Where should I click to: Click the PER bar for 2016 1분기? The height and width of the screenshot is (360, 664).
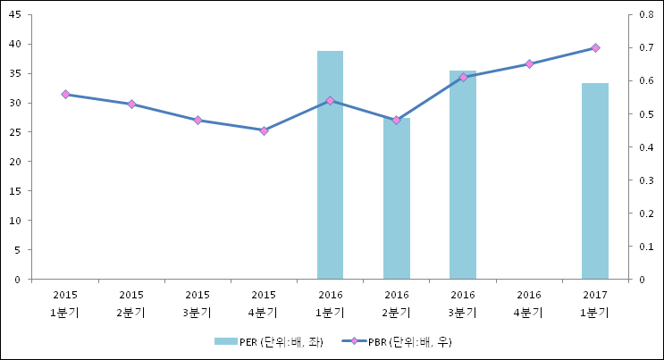click(330, 165)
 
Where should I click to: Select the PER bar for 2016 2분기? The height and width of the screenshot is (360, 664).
click(397, 198)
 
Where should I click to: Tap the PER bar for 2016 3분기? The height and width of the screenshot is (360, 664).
click(463, 175)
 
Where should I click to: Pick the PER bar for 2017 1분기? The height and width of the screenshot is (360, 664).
click(595, 181)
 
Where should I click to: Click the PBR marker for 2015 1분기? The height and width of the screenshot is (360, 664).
click(65, 94)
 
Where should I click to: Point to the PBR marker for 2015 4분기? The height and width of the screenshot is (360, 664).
click(264, 130)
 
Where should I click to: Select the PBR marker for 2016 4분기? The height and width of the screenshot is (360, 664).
click(529, 64)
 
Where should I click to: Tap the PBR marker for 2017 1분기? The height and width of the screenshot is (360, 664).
click(595, 47)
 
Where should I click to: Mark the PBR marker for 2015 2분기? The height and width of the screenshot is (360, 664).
click(131, 105)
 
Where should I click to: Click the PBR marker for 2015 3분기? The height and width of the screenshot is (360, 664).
click(198, 120)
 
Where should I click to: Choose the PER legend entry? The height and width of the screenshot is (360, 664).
click(268, 341)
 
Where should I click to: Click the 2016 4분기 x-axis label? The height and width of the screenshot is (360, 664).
click(529, 303)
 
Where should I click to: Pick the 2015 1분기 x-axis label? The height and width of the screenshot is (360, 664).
click(65, 303)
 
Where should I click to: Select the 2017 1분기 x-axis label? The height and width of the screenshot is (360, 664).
click(595, 303)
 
